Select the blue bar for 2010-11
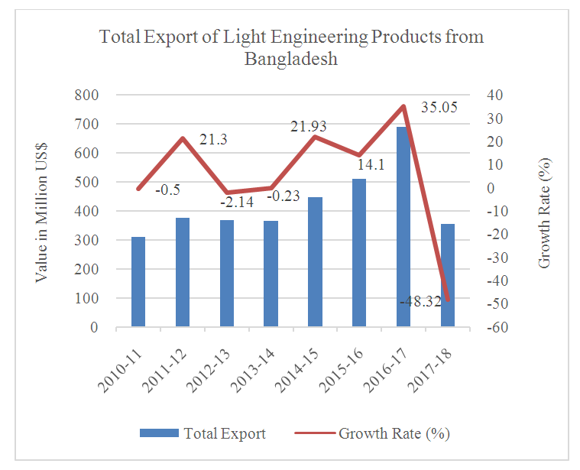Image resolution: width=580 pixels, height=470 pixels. [138, 282]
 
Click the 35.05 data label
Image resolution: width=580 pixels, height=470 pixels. [439, 108]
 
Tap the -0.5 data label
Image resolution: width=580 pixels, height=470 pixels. [167, 190]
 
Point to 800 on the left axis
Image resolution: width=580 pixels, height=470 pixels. [87, 95]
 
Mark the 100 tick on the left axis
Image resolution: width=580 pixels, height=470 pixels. [87, 298]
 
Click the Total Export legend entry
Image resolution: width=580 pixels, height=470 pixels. [203, 433]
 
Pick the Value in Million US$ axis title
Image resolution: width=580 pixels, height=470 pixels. [42, 211]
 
